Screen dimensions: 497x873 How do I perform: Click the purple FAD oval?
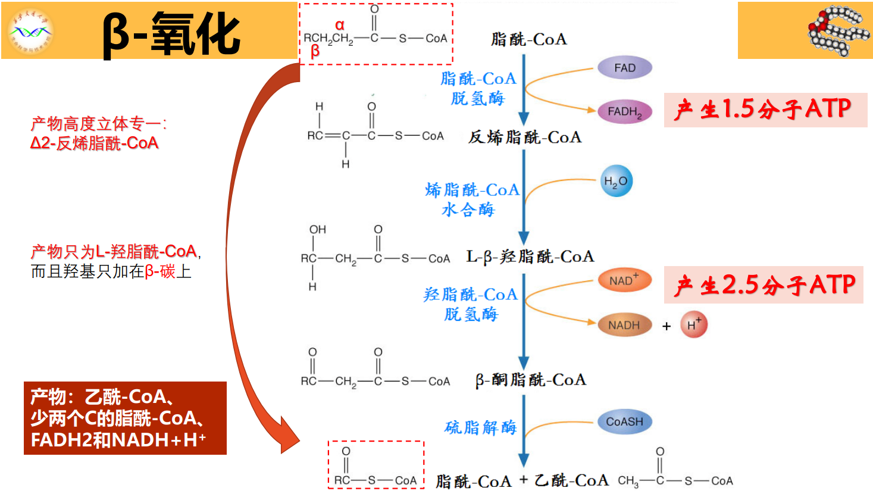point(624,68)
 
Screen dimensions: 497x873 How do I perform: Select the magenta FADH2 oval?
point(624,111)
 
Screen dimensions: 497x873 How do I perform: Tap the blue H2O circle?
point(616,181)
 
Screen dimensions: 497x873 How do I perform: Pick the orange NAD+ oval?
point(624,280)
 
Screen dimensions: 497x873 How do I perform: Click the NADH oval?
point(624,325)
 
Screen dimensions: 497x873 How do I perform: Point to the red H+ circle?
point(693,324)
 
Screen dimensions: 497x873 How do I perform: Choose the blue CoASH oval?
point(624,421)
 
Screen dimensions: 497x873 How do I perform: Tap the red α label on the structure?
point(339,25)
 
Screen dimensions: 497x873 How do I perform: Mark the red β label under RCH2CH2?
point(315,52)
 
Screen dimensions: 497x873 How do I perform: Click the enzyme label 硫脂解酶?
point(480,427)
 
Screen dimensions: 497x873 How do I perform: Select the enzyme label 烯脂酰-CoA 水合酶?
point(471,199)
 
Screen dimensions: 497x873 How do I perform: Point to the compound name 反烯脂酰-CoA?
point(524,137)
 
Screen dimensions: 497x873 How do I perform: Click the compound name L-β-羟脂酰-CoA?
point(530,257)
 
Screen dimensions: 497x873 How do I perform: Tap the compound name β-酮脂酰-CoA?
point(530,380)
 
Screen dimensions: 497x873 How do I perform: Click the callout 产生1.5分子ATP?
point(765,110)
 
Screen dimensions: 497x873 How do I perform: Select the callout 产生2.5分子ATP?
point(764,285)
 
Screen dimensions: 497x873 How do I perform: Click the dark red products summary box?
point(125,418)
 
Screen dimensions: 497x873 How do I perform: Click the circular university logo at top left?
point(31,32)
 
